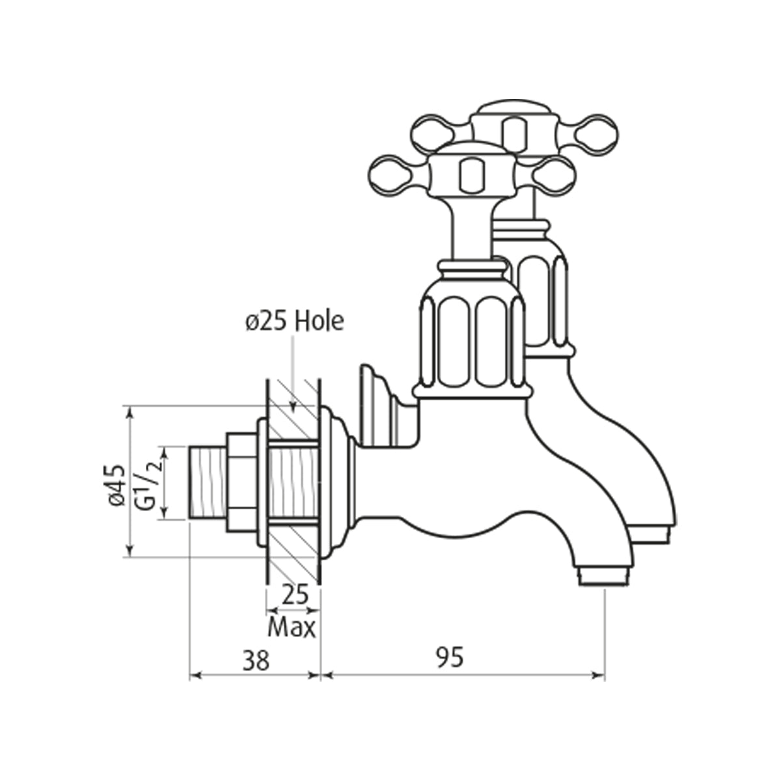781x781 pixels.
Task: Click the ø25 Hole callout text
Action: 295,322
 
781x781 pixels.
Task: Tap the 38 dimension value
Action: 256,660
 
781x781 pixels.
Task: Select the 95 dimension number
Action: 450,657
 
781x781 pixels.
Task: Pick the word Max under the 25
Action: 292,629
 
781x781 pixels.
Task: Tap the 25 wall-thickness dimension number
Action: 295,595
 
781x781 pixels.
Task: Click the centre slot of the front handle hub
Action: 472,176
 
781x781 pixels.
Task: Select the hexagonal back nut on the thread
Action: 241,482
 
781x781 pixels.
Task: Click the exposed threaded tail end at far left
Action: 208,482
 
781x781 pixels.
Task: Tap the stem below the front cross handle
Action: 473,230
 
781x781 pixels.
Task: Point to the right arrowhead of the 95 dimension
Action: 598,675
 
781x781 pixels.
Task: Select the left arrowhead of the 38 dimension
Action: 197,675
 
